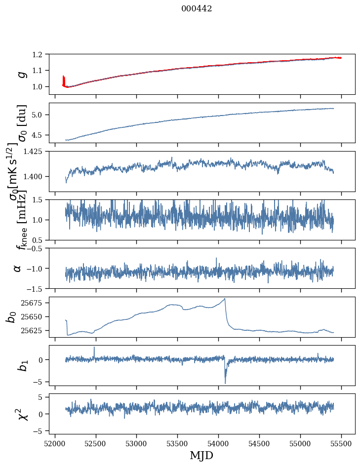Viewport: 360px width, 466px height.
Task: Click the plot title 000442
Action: (197, 9)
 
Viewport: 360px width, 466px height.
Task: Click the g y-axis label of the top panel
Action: (20, 74)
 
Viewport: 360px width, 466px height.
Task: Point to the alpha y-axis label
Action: (18, 268)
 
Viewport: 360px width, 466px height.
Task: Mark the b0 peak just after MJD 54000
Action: (225, 298)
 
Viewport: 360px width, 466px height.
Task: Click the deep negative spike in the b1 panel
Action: (225, 383)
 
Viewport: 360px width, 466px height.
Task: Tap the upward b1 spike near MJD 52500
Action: (94, 347)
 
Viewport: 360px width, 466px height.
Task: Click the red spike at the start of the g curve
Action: (64, 79)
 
